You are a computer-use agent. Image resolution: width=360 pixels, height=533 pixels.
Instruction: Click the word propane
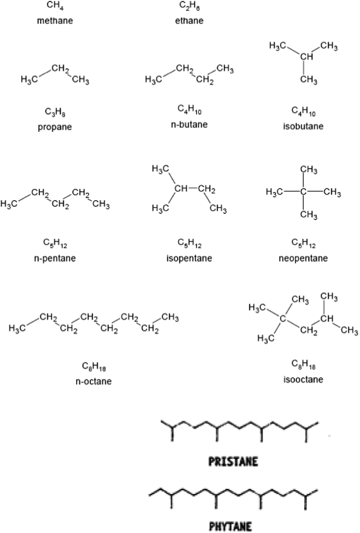[55, 127]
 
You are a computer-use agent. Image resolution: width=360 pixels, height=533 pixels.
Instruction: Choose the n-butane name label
[189, 124]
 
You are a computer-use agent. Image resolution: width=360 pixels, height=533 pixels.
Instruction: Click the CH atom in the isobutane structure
[307, 57]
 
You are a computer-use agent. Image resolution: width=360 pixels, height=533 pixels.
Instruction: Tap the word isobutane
[303, 126]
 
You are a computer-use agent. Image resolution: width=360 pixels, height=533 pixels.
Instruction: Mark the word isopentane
[189, 258]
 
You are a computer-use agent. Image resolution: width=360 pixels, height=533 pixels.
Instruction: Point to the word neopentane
[303, 258]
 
